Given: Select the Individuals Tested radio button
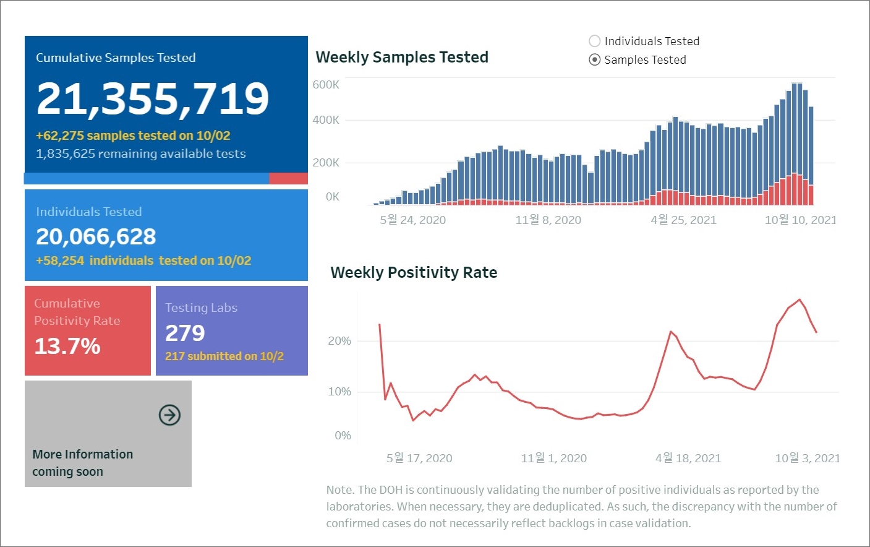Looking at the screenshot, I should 595,41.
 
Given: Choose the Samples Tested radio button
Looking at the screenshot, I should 595,60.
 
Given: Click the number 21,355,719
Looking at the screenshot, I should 153,99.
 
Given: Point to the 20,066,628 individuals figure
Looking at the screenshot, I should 96,237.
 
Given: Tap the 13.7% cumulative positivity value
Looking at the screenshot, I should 67,347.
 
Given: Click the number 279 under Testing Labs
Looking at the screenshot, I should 185,334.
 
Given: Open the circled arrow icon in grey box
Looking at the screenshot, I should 169,415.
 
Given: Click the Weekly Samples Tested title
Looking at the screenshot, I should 402,58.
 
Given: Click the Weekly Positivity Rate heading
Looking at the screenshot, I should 414,273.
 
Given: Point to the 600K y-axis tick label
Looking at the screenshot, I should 326,85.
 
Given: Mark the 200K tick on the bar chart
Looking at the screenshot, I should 326,163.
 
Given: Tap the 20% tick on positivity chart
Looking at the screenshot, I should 339,341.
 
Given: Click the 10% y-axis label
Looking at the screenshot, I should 339,392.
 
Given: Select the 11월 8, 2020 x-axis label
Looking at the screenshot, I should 548,220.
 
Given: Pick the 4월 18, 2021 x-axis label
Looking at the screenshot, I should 688,459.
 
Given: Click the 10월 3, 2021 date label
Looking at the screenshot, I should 807,459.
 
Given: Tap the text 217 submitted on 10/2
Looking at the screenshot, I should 224,356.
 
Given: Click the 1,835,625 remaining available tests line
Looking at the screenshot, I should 140,154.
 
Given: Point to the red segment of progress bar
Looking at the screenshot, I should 288,179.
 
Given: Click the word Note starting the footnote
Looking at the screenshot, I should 339,490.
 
